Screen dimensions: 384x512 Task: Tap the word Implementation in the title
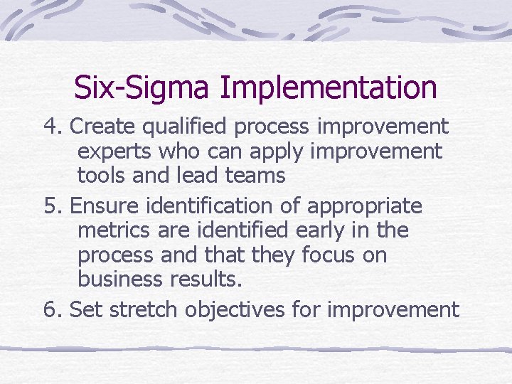328,88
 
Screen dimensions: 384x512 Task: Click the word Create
105,127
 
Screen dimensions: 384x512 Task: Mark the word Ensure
105,206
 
